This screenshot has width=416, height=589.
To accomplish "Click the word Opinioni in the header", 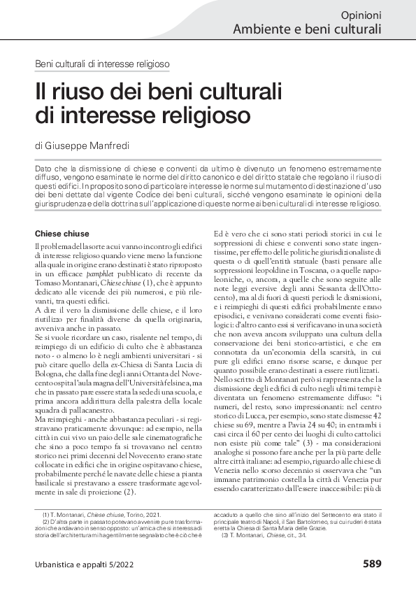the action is click(361, 15).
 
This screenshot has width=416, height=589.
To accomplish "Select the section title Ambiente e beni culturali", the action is click(307, 29).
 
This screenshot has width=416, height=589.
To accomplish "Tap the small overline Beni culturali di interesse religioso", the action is click(102, 64).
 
